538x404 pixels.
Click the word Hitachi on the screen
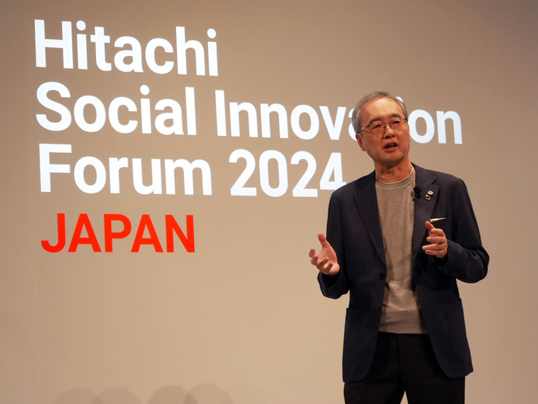[x=126, y=47]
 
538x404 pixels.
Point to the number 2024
[x=286, y=173]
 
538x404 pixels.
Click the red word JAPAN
[x=118, y=233]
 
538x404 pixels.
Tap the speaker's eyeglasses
[x=383, y=126]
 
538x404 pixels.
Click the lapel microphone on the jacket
[x=417, y=193]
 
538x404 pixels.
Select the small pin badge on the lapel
[x=428, y=196]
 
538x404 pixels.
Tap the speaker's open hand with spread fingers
[x=323, y=255]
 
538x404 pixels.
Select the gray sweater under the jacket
[x=399, y=256]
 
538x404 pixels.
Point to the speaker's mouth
[x=390, y=146]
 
